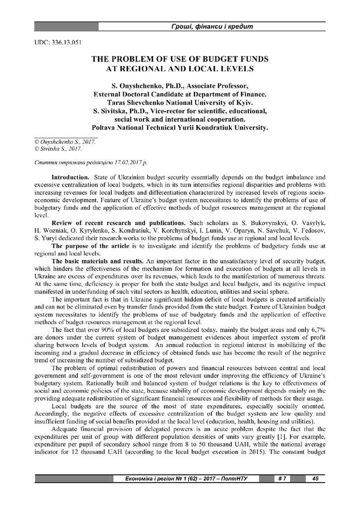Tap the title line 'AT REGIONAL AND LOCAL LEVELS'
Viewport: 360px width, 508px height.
[180, 68]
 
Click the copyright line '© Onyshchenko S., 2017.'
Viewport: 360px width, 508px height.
[64, 141]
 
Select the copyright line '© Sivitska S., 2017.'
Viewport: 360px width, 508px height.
[58, 148]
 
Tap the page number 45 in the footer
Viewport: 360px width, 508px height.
[315, 479]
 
